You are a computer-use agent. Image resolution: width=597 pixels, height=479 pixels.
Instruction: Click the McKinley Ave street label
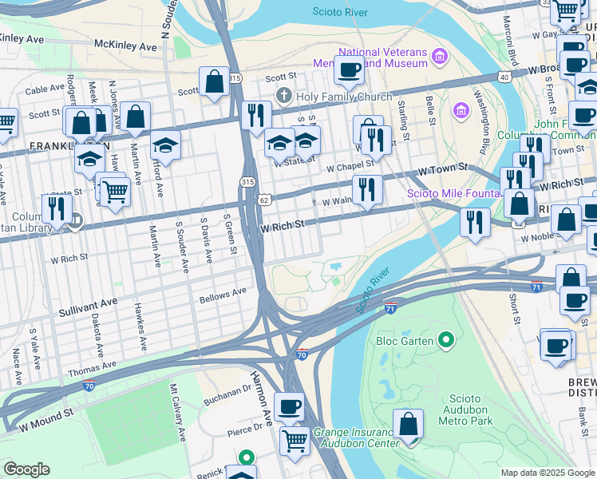pyautogui.click(x=125, y=46)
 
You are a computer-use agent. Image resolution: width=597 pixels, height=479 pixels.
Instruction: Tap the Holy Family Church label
pyautogui.click(x=333, y=97)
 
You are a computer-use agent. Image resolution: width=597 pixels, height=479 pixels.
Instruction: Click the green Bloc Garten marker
pyautogui.click(x=446, y=341)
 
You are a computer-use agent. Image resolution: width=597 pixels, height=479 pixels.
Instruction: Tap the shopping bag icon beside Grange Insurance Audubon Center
pyautogui.click(x=409, y=424)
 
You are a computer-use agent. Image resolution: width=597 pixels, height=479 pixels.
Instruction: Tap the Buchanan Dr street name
pyautogui.click(x=227, y=391)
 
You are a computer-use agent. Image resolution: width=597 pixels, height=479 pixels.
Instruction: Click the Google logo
pyautogui.click(x=26, y=469)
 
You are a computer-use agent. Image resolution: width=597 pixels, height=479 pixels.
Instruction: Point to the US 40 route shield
pyautogui.click(x=503, y=77)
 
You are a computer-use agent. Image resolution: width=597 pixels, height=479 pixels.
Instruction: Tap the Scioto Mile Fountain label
pyautogui.click(x=453, y=193)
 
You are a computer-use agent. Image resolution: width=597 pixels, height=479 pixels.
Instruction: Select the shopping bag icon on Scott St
pyautogui.click(x=215, y=81)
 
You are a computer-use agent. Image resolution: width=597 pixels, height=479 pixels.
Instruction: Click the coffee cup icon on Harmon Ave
pyautogui.click(x=289, y=406)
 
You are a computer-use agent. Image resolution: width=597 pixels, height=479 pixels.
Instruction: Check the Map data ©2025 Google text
pyautogui.click(x=547, y=473)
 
